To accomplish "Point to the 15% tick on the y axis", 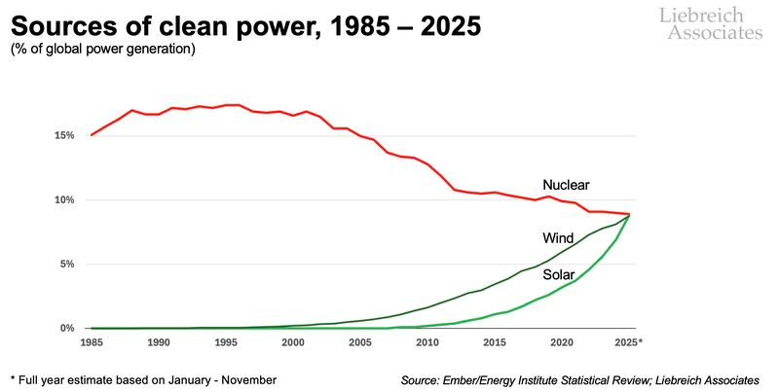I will [63, 135].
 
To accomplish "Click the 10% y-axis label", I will [63, 199].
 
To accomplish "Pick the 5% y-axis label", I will [66, 264].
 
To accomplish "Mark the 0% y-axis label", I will [66, 329].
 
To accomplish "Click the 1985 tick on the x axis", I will [93, 343].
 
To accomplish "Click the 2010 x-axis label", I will [427, 343].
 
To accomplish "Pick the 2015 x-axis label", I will [494, 343].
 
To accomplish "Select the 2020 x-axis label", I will [561, 343].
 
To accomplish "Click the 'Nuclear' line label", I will [566, 184].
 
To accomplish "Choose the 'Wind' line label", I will [558, 238].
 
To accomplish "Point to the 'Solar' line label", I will [559, 275].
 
